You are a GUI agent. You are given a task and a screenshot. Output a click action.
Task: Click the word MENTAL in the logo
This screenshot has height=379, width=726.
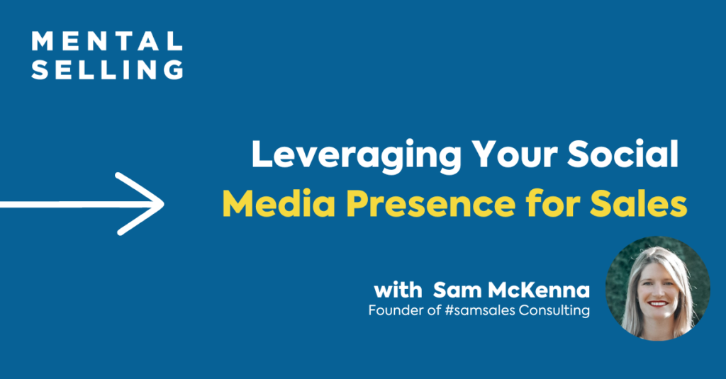click(x=107, y=41)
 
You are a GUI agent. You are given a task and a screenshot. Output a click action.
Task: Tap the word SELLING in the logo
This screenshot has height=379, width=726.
click(x=108, y=70)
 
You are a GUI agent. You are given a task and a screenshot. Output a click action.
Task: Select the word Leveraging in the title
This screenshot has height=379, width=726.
click(x=357, y=157)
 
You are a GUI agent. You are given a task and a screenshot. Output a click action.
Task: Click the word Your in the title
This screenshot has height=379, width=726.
click(x=515, y=154)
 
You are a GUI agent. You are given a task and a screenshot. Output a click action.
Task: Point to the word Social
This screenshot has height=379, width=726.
click(x=622, y=154)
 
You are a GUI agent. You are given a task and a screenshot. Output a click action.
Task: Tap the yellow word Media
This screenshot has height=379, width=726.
click(x=279, y=203)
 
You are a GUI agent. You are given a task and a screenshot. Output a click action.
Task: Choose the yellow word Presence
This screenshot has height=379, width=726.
click(x=430, y=204)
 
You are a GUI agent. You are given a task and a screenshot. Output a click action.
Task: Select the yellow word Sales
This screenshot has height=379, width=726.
click(x=639, y=203)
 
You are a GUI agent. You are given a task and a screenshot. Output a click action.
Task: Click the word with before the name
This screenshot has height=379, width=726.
click(x=398, y=290)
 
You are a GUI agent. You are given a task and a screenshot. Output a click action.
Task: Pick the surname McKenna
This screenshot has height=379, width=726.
click(x=539, y=290)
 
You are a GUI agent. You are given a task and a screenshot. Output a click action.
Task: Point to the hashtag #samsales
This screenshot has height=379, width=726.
click(x=480, y=310)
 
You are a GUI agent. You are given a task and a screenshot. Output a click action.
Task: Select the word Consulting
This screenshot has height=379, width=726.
click(x=554, y=310)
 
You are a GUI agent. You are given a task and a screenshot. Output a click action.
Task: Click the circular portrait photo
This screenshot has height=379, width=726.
click(x=657, y=288)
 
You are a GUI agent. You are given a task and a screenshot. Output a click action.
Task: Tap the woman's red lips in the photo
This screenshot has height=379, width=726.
click(x=657, y=304)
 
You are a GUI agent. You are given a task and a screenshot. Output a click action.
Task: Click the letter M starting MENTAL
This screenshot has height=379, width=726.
click(x=42, y=41)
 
